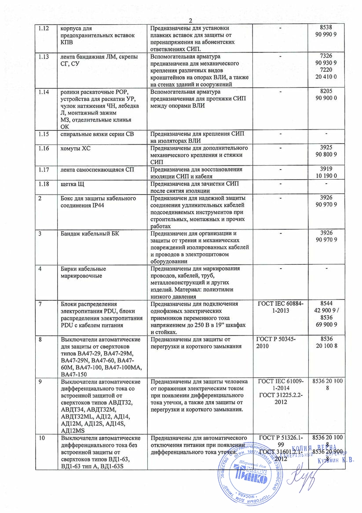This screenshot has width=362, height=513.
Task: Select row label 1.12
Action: click(44, 29)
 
